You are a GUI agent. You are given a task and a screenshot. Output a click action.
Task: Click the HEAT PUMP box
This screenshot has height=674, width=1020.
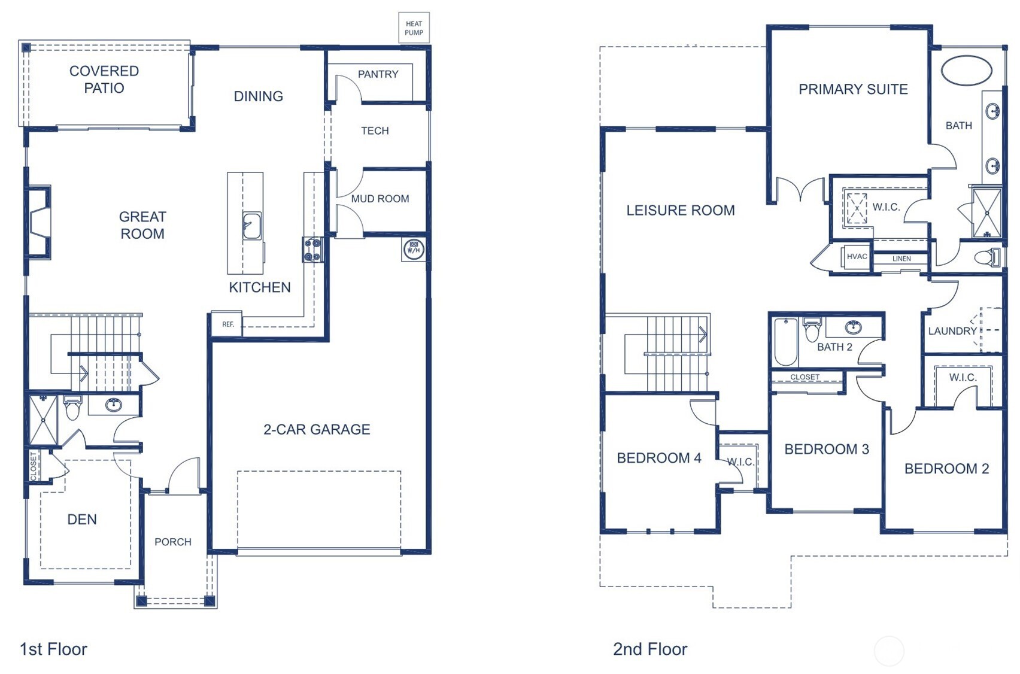pos(414,28)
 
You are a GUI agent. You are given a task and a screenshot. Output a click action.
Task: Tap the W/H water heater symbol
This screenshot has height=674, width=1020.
pos(413,250)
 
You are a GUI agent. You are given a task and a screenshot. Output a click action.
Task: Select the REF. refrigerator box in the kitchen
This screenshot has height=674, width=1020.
pos(227,324)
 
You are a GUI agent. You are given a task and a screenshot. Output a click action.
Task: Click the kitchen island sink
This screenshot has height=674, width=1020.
pos(252,226)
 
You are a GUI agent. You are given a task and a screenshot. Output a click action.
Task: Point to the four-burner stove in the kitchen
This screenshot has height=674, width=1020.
pos(312,250)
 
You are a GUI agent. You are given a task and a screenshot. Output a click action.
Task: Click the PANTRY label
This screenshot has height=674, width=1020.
pos(378,74)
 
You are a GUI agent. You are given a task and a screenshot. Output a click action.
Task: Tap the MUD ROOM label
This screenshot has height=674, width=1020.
pos(380,199)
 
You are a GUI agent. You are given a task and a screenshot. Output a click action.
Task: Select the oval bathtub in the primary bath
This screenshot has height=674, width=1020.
pos(966,71)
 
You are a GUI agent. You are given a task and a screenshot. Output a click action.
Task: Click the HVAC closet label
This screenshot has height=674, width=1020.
pos(857,257)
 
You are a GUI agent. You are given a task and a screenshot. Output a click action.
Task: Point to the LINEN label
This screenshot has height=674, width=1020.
pos(901,259)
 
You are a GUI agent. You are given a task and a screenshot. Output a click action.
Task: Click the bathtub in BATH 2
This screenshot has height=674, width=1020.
pos(785,342)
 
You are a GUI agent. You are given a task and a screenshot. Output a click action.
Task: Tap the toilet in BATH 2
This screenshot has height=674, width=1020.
pos(812,330)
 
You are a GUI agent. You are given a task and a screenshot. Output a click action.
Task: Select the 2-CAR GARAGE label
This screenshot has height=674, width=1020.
pos(317,429)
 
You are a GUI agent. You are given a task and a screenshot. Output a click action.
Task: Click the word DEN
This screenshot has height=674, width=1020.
pos(82,520)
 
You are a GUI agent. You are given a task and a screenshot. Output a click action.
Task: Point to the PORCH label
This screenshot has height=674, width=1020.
pos(173,542)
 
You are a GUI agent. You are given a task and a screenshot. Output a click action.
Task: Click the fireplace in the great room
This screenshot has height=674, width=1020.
pos(38,222)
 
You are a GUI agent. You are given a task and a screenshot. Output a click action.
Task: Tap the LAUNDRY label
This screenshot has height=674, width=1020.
pos(952,331)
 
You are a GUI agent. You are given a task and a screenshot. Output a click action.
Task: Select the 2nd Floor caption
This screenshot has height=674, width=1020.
pos(649,649)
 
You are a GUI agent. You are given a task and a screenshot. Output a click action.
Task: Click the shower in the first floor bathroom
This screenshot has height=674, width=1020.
pos(43,420)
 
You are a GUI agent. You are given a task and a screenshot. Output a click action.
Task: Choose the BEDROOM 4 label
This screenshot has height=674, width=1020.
pos(658,458)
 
